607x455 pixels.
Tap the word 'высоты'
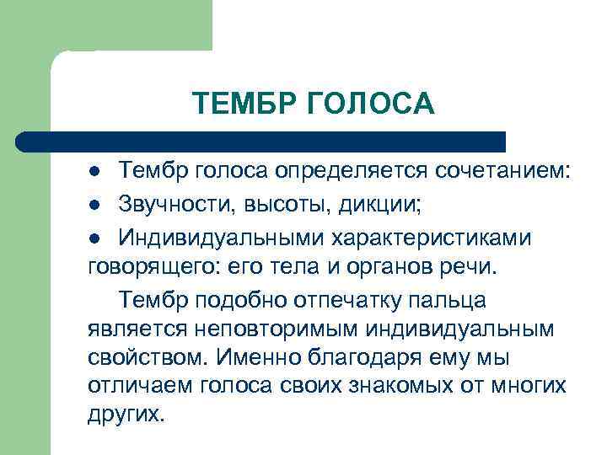(277, 205)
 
